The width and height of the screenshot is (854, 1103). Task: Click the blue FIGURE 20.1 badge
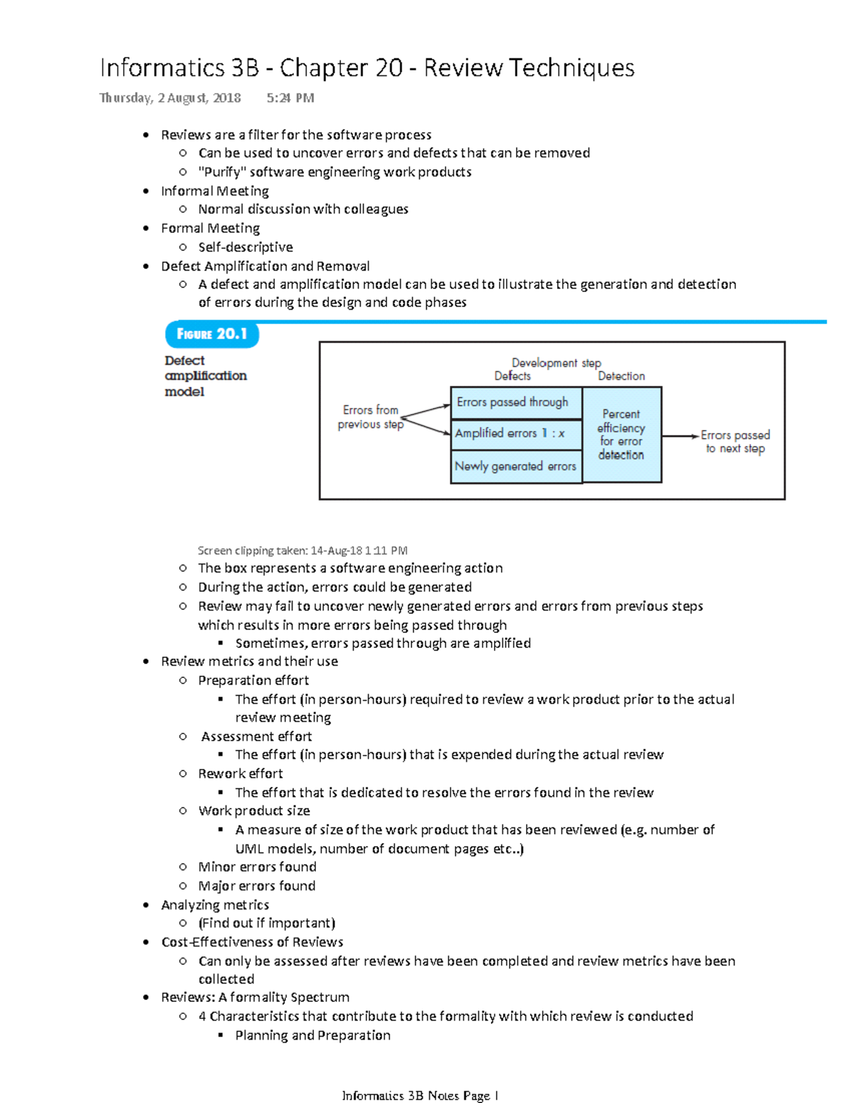[x=212, y=334]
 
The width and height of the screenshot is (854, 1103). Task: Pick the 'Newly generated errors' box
[x=516, y=466]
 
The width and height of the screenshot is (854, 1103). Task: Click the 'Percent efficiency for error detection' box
[x=621, y=434]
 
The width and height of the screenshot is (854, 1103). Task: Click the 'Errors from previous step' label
[x=370, y=417]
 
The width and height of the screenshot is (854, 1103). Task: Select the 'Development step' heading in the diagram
[x=556, y=362]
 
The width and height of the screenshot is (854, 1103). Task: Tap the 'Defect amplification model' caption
[x=205, y=376]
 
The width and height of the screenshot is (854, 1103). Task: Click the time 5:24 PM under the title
[x=290, y=98]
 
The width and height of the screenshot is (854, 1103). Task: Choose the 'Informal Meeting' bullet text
[x=215, y=191]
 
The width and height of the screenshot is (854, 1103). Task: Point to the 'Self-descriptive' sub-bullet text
[x=246, y=247]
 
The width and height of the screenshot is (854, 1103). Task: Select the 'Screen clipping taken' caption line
[x=302, y=550]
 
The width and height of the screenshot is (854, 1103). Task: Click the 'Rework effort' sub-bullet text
[x=241, y=773]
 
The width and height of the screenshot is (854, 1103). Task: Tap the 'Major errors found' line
[x=257, y=886]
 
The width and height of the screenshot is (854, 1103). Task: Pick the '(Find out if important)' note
[x=267, y=923]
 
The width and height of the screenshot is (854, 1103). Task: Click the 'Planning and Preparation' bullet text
[x=313, y=1035]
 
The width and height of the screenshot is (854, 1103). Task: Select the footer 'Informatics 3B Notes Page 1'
[x=420, y=1095]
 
